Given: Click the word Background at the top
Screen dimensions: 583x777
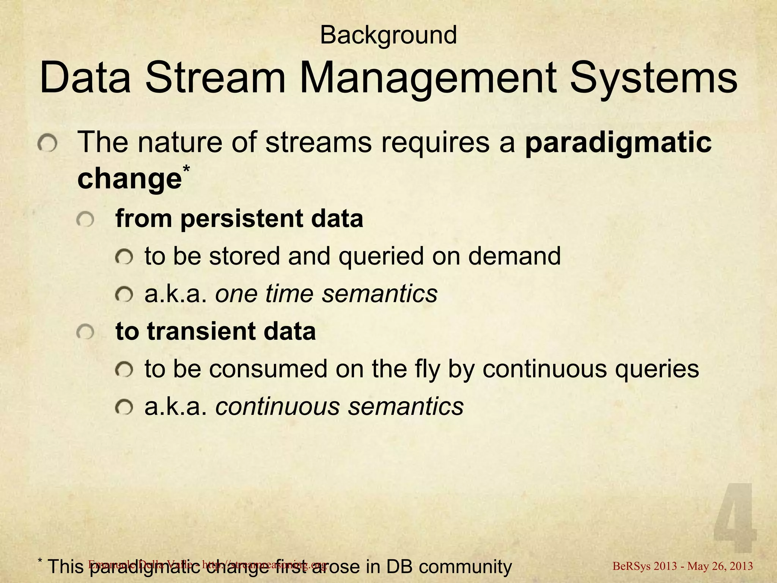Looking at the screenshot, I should (x=388, y=36).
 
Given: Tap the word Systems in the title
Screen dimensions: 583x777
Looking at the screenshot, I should (x=653, y=79).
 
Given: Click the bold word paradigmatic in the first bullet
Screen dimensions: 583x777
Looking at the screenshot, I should (x=618, y=143).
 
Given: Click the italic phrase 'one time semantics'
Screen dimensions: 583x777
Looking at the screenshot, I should (x=326, y=293).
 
